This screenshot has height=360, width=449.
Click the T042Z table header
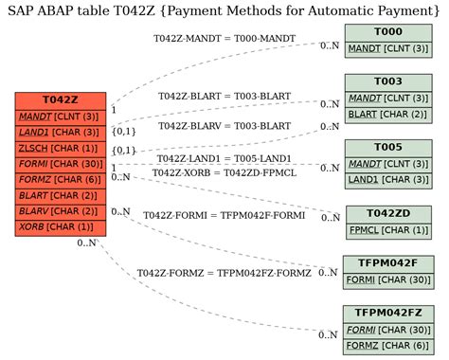coord(61,100)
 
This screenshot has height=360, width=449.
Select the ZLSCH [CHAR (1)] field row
coord(61,148)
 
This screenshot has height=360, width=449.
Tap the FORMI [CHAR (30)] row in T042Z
coord(61,164)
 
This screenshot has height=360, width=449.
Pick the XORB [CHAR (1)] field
coord(61,226)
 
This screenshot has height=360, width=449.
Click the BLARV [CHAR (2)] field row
coord(61,210)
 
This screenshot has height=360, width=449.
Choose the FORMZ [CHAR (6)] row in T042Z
coord(61,179)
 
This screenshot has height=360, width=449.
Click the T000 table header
coord(388,31)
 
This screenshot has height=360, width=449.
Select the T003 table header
coord(388,81)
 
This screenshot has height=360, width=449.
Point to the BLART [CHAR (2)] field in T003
coord(388,114)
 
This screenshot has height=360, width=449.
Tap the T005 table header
coord(388,148)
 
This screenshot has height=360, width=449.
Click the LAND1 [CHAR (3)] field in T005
coord(388,179)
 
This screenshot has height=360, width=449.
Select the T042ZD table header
coord(388,213)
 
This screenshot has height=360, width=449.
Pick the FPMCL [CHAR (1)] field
coord(388,229)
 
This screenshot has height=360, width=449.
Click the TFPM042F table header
coord(388,263)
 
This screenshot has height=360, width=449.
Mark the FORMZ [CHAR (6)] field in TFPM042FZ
coord(388,346)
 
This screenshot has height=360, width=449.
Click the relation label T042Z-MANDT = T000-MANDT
coord(224,38)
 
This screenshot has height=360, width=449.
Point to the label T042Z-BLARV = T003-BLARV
coord(224,125)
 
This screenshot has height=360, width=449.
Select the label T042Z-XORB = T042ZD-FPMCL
coord(224,172)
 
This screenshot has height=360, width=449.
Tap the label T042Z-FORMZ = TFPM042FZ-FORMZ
coord(224,273)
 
